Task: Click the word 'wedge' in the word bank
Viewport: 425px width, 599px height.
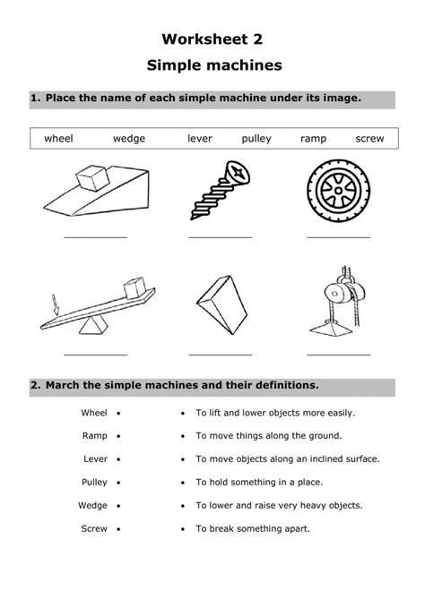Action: (128, 139)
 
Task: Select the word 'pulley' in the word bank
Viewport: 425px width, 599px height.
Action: (256, 139)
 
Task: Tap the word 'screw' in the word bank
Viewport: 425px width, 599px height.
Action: (369, 139)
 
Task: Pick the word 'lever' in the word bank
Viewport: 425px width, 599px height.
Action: (200, 139)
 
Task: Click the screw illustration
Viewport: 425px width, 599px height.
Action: (219, 189)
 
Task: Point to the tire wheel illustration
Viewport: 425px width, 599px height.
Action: (337, 190)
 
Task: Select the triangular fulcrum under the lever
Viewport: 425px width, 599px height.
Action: (90, 329)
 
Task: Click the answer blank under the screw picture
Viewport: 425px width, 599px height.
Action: (220, 237)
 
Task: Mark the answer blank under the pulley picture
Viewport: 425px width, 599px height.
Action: (338, 355)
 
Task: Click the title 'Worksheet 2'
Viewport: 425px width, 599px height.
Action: (212, 39)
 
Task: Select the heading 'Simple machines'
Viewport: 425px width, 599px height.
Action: (212, 65)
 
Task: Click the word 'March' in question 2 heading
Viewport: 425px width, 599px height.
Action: (63, 385)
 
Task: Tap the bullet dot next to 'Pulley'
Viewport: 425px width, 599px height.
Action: (119, 482)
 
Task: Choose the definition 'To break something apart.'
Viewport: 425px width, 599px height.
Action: (252, 528)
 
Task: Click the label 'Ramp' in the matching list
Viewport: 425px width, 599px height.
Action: (94, 435)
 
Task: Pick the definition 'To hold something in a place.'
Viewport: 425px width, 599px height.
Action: (261, 482)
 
